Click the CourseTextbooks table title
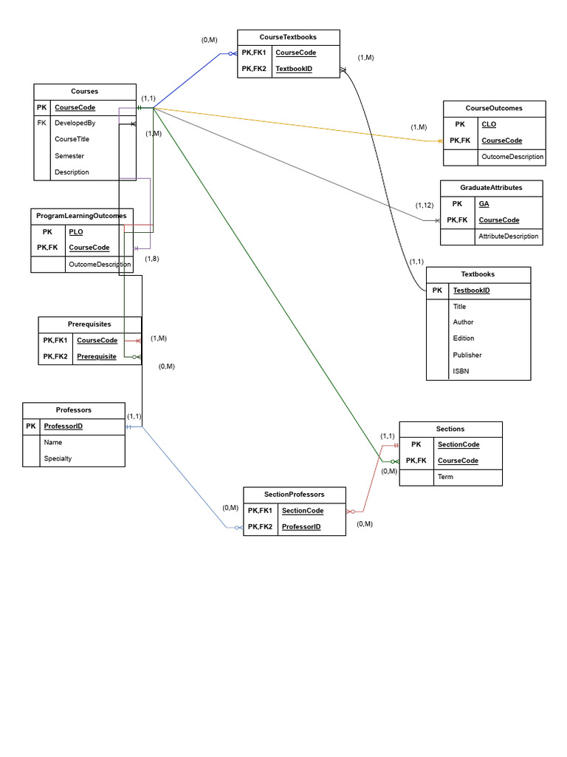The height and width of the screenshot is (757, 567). coord(288,37)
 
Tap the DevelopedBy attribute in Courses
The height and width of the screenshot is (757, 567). coord(75,123)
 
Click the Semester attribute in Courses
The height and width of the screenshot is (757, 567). coord(69,156)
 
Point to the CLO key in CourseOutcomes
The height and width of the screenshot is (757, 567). coord(488,124)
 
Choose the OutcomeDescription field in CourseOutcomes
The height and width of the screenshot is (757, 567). coord(512,157)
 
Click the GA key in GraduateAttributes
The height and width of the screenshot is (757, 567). coord(484,203)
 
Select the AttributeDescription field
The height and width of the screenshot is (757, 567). coord(508,237)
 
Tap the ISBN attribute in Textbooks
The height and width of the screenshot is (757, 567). coord(461,371)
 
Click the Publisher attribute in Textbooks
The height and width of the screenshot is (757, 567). coord(467,355)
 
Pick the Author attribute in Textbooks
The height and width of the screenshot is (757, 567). coord(463,322)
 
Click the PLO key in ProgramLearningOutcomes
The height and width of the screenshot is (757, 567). coord(75,231)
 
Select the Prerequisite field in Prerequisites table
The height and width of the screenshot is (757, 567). coord(97,356)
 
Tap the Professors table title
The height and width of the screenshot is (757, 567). coord(74,410)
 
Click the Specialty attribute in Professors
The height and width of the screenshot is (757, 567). coord(58,458)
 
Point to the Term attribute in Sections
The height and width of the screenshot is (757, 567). coord(445,477)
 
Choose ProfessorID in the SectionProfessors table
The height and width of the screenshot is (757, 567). coord(301,527)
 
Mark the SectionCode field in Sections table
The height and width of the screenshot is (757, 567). coord(458,444)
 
